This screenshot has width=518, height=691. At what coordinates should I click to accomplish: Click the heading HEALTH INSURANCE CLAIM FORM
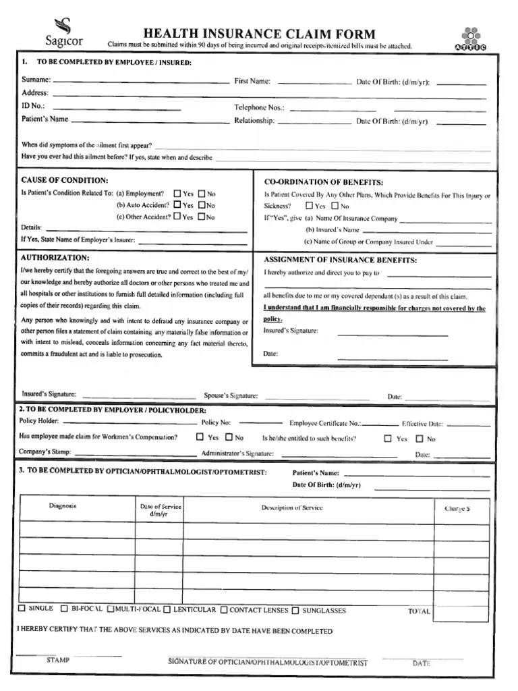[260, 34]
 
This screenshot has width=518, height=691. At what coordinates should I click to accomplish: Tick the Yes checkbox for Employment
[177, 194]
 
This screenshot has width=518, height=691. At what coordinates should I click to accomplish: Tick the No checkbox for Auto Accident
[201, 205]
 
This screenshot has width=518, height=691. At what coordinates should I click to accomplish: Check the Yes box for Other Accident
[177, 217]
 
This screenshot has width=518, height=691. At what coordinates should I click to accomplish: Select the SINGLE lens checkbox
[22, 609]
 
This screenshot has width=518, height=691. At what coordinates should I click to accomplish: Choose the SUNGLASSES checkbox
[295, 611]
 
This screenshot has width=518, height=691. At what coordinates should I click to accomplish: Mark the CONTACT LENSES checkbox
[224, 610]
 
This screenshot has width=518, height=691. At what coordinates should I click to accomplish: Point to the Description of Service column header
[291, 507]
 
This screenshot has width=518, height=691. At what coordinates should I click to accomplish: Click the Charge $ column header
[457, 509]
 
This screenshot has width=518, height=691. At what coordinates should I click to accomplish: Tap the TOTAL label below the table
[419, 611]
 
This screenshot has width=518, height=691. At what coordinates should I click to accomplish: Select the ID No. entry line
[116, 108]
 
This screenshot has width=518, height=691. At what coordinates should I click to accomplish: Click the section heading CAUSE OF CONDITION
[64, 180]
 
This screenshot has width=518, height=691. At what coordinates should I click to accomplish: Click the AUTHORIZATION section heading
[55, 258]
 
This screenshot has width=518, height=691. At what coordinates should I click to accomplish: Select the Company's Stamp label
[46, 451]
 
